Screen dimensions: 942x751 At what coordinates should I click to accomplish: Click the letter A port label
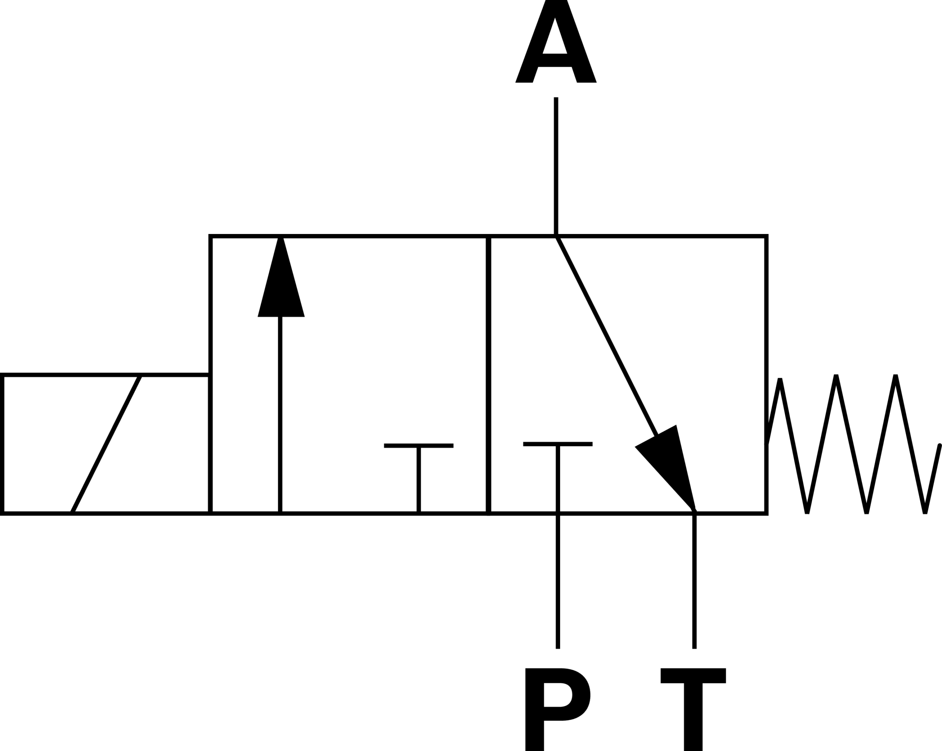pos(556,41)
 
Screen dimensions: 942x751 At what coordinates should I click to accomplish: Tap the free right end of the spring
pos(939,445)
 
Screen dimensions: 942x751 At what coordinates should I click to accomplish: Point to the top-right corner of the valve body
pos(766,236)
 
